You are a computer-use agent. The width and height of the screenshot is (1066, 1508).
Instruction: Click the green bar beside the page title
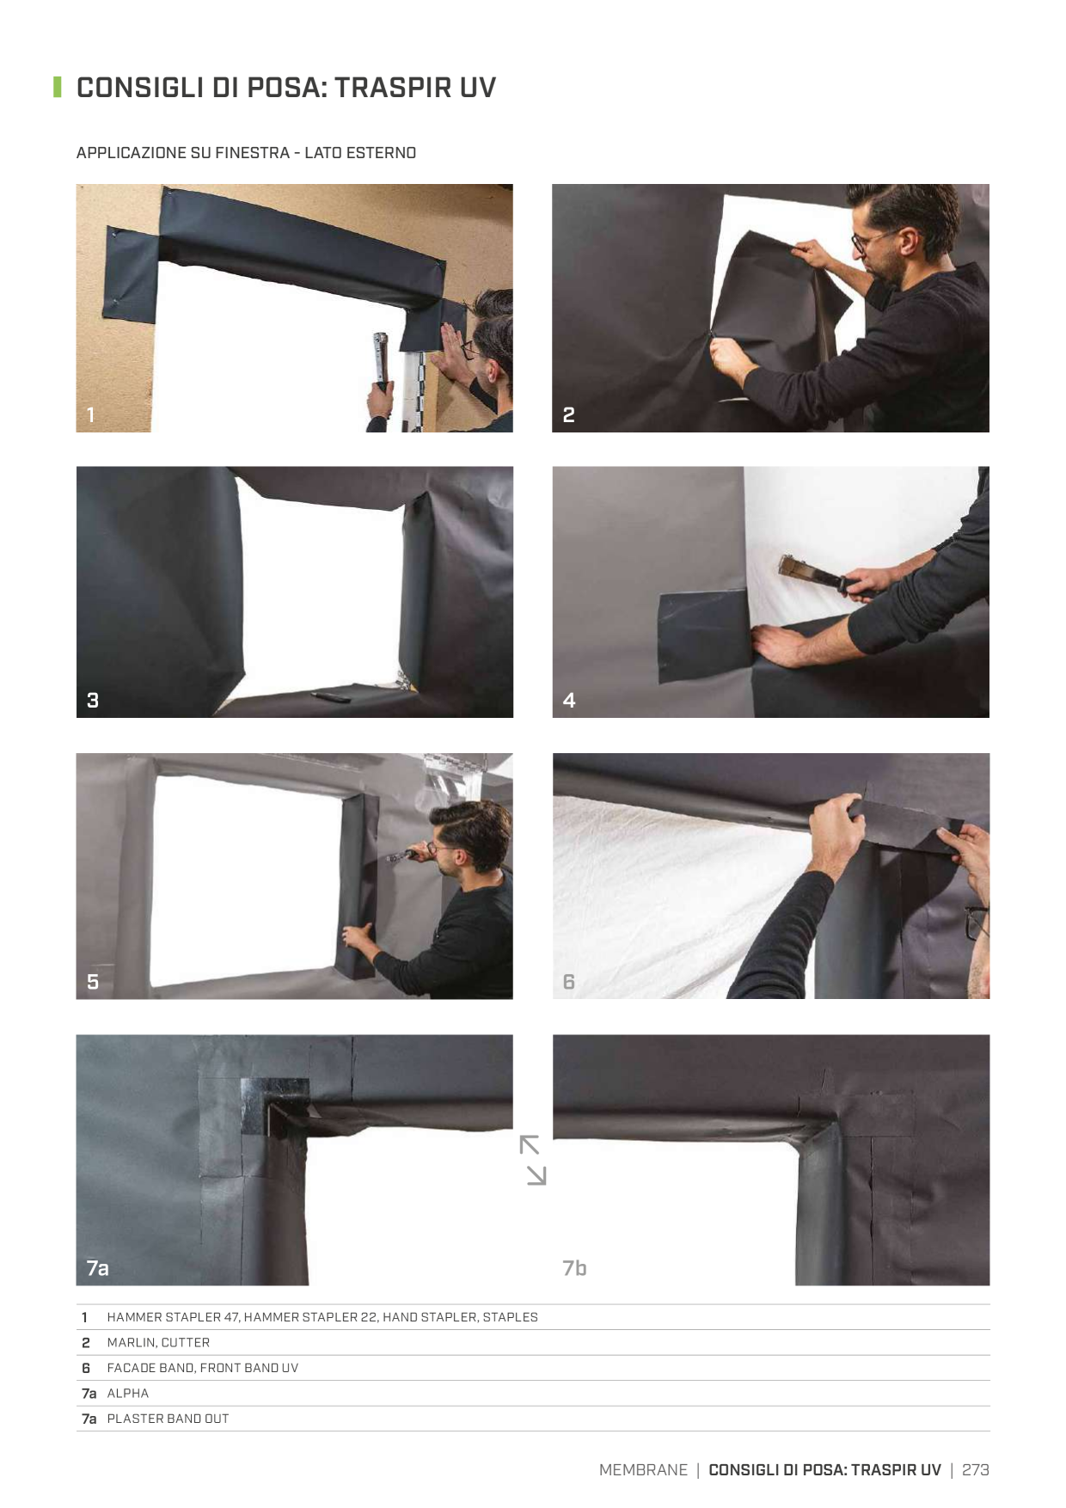58,87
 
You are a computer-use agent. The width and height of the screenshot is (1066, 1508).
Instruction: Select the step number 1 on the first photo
90,415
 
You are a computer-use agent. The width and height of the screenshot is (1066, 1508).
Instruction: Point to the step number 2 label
568,415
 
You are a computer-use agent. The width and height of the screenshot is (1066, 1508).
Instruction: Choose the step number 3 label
93,701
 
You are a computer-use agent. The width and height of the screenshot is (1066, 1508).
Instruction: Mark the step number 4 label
568,701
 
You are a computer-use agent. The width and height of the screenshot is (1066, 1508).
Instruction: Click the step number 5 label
93,982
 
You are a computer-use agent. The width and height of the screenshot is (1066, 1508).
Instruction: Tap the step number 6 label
568,982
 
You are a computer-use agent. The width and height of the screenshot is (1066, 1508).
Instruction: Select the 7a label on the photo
97,1268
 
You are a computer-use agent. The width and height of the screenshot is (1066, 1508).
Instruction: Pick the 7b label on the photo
574,1268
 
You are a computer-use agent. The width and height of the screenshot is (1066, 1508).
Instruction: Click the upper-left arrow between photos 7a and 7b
530,1145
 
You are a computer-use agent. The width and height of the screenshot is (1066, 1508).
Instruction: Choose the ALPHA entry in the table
128,1393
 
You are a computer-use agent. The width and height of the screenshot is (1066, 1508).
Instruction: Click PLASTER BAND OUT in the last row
168,1419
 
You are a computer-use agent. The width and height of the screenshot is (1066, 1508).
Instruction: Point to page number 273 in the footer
976,1470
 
